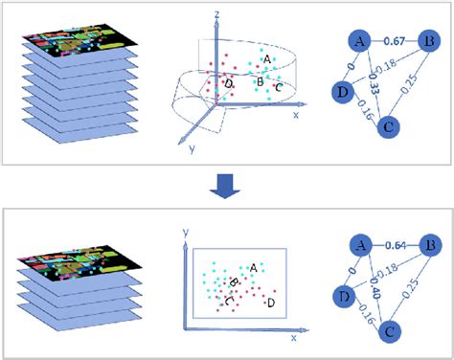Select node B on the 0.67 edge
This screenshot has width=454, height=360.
pyautogui.click(x=430, y=42)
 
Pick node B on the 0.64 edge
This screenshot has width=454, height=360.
pyautogui.click(x=430, y=246)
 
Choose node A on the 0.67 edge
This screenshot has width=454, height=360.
pyautogui.click(x=359, y=42)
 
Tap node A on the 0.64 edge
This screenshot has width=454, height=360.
pyautogui.click(x=359, y=246)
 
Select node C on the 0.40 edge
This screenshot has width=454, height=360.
pyautogui.click(x=388, y=330)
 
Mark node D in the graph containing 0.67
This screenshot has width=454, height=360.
pyautogui.click(x=339, y=90)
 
